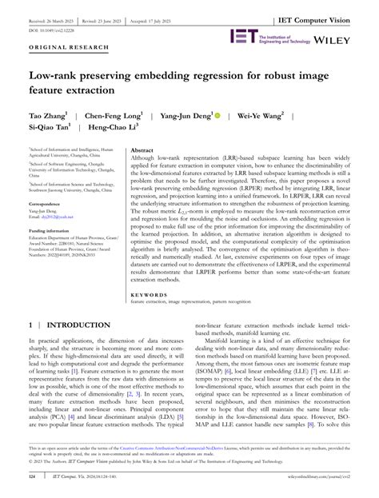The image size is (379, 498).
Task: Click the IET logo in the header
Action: pyautogui.click(x=243, y=36)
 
